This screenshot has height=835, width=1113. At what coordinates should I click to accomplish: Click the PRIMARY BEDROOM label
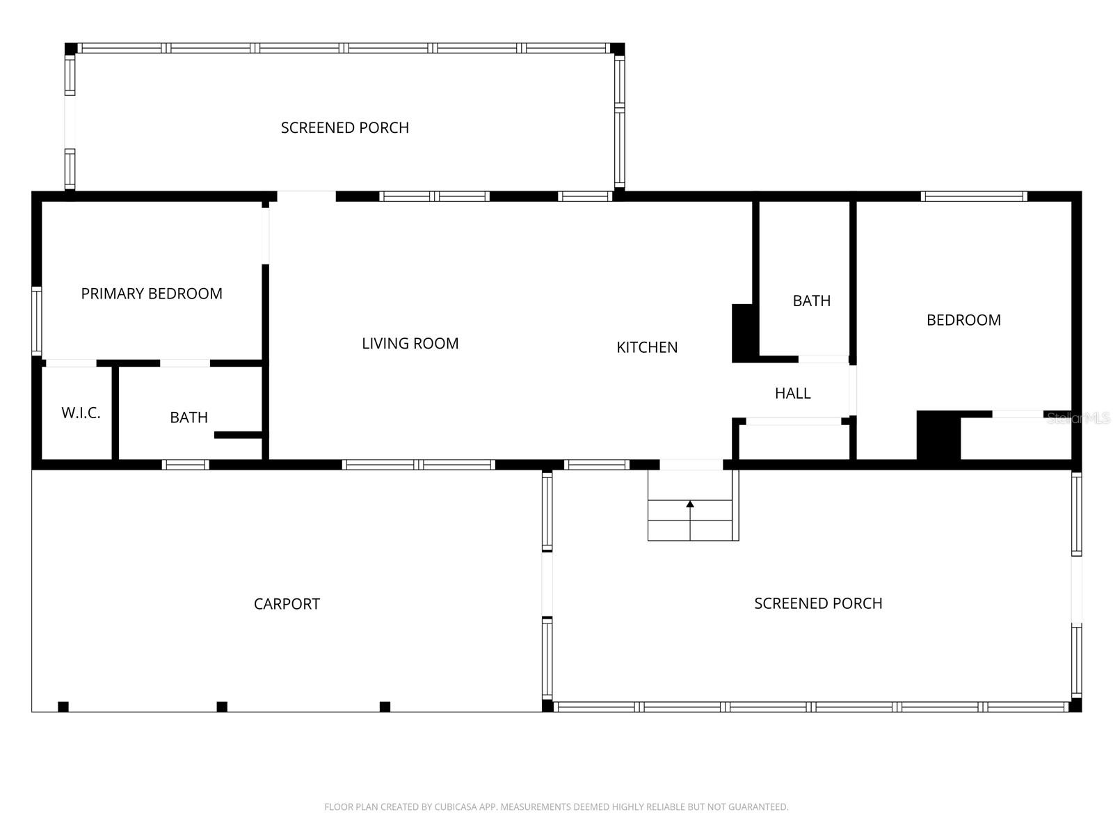tap(152, 294)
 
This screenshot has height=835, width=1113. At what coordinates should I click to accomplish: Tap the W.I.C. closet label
tap(81, 413)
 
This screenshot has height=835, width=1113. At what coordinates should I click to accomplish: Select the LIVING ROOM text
tap(410, 343)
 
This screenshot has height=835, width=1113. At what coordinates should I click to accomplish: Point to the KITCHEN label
tap(646, 347)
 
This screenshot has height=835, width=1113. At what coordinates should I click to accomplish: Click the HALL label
tap(792, 393)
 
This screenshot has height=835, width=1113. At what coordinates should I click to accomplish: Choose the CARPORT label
tap(287, 604)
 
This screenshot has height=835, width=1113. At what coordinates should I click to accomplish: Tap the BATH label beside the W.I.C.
tap(189, 417)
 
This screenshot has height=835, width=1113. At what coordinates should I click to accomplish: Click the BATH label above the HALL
tap(811, 301)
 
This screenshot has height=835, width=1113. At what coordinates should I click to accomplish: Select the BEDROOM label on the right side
tap(963, 320)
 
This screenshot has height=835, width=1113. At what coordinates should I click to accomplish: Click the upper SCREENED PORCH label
tap(344, 128)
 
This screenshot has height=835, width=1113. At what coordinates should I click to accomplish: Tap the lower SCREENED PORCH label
tap(818, 603)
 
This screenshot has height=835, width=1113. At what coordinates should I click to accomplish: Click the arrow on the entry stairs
tap(690, 504)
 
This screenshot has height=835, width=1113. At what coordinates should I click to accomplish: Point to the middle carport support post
tap(222, 707)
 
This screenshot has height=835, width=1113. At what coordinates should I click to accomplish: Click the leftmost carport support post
tap(63, 707)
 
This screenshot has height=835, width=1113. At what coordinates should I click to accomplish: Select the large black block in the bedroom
tap(938, 436)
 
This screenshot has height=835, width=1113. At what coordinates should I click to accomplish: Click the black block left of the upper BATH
tap(744, 333)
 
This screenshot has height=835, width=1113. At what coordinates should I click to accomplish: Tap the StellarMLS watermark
tap(1078, 418)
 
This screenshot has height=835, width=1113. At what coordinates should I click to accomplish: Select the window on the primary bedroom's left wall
tap(37, 321)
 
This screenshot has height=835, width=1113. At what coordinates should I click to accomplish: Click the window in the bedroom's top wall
tap(973, 196)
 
